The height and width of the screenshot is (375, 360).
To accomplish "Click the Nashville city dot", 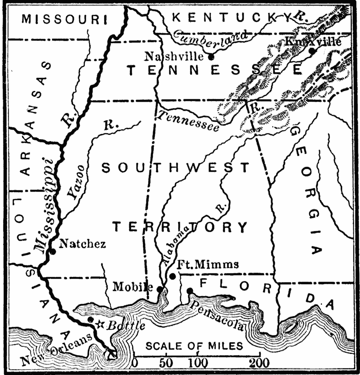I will [x=211, y=57].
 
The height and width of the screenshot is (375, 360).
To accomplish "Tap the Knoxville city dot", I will [x=311, y=51].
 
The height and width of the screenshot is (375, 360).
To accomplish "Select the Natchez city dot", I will [x=53, y=251].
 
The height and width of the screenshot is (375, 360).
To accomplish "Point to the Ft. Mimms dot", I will [x=172, y=276].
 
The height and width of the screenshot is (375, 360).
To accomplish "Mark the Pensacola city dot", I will [x=190, y=290].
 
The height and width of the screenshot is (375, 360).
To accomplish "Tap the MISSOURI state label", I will [x=64, y=19].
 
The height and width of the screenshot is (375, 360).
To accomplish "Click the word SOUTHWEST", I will [x=175, y=168].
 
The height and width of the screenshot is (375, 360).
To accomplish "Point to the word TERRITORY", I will [x=180, y=227].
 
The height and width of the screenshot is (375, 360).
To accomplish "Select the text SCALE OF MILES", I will [x=194, y=346].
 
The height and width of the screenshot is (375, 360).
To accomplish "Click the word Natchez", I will [x=82, y=244].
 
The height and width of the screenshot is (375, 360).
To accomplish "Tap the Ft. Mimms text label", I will [x=208, y=264].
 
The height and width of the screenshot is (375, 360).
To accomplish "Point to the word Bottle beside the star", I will [x=125, y=325].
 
